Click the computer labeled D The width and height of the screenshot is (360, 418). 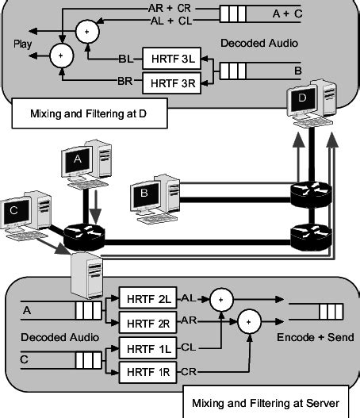pyautogui.click(x=308, y=104)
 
